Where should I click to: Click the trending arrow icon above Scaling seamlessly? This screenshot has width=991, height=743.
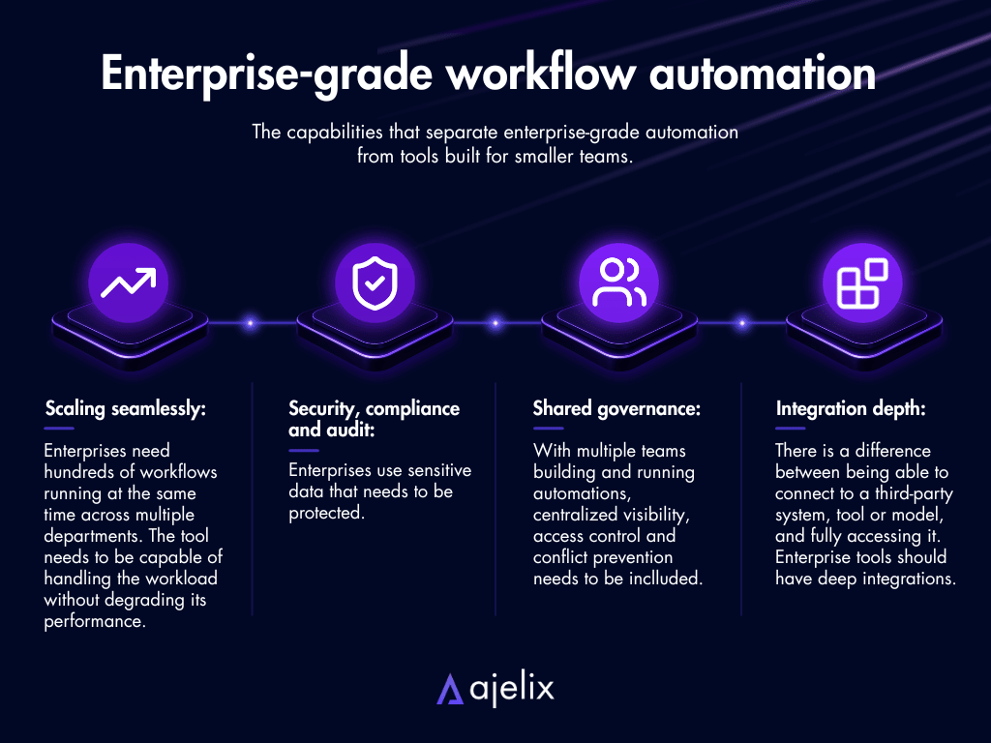[129, 282]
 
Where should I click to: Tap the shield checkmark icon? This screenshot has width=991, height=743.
[375, 283]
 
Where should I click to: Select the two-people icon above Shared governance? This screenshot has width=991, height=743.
[619, 282]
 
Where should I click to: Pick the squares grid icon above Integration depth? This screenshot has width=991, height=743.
[862, 283]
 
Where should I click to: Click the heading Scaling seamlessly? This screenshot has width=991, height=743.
[125, 409]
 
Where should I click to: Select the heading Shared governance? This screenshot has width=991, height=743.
[616, 409]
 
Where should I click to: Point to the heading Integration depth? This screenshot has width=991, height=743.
[851, 409]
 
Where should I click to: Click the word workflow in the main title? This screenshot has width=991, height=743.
[541, 73]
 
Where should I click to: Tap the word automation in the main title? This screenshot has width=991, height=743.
[763, 74]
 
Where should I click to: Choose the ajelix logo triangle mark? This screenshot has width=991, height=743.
[450, 689]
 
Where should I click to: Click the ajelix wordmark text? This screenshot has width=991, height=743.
[512, 688]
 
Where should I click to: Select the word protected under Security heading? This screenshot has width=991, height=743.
[327, 513]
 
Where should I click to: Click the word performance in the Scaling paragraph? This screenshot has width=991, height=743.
[95, 621]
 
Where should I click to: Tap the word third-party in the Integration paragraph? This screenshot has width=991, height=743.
[914, 493]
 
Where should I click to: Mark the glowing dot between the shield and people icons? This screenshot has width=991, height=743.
[495, 323]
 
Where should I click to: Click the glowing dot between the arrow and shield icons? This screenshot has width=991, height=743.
[251, 323]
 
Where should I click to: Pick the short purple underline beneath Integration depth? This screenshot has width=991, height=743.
[790, 429]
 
